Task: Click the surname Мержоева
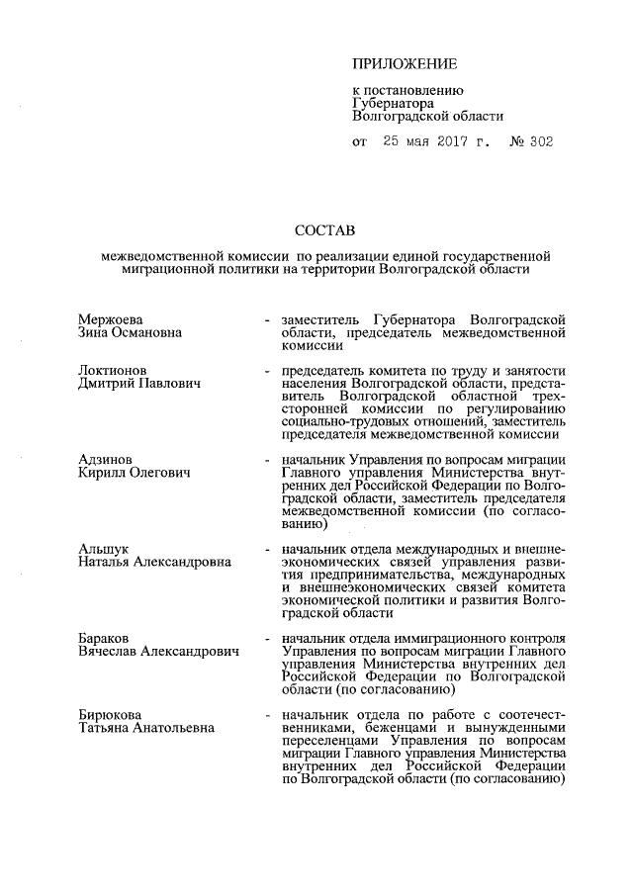point(111,319)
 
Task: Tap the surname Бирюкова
point(111,714)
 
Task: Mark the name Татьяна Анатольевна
point(148,728)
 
